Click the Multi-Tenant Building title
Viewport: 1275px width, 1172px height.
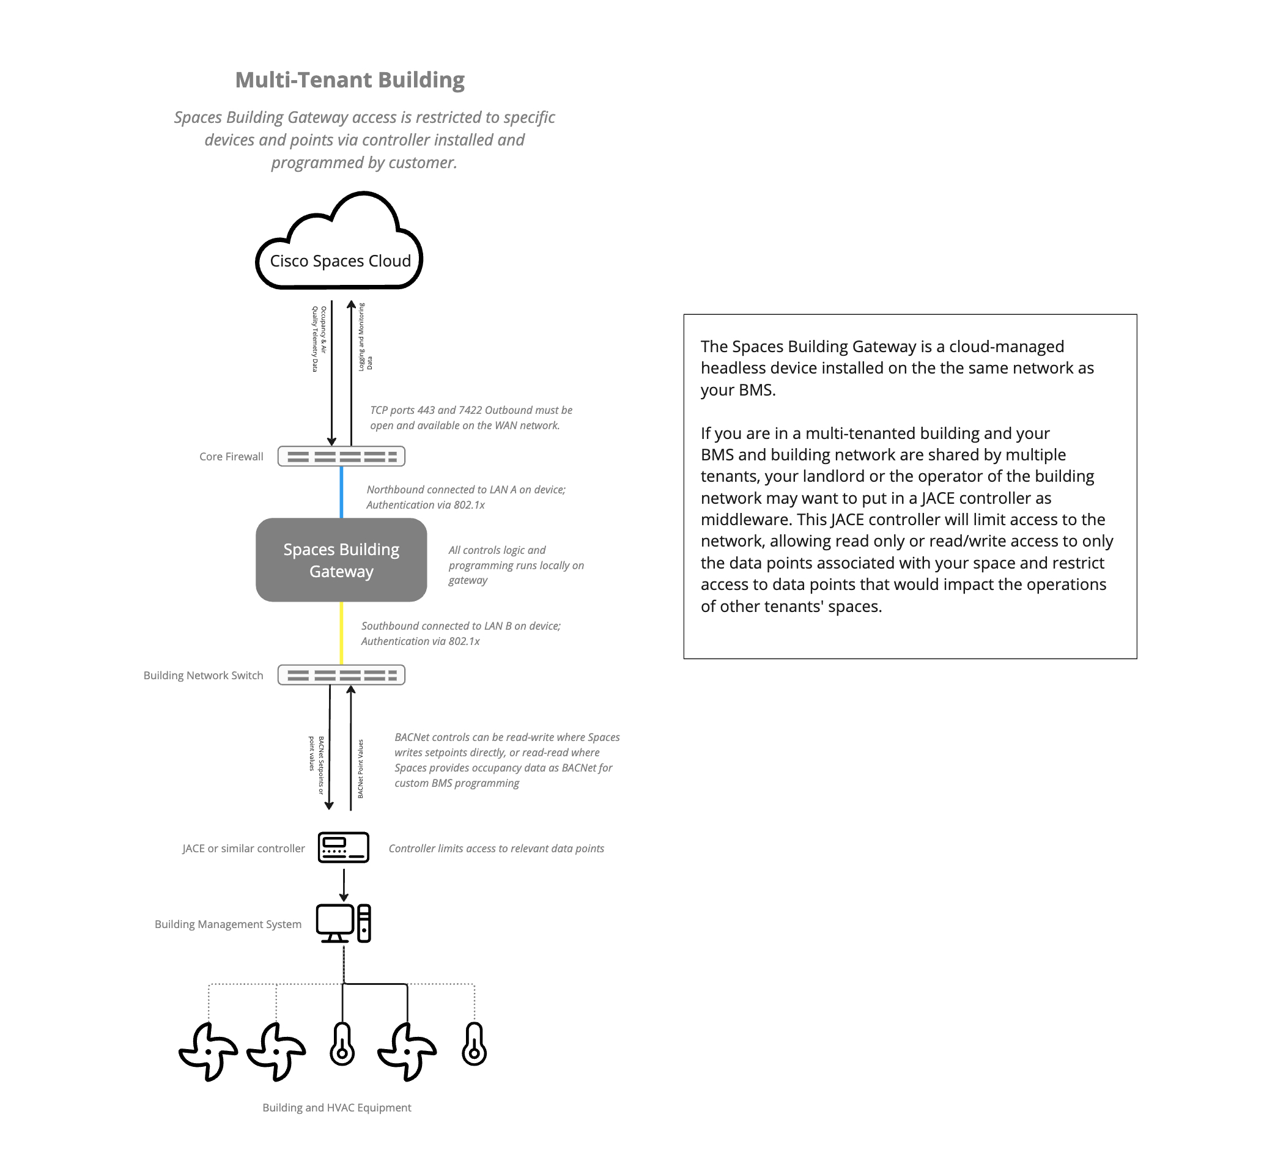[x=350, y=80]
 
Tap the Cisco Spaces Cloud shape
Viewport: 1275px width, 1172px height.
[x=340, y=260]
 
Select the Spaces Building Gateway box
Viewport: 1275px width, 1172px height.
[x=341, y=560]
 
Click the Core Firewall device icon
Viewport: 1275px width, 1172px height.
[x=341, y=456]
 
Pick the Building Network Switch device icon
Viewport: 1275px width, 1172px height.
[x=341, y=675]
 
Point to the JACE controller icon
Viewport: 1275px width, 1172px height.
[x=343, y=847]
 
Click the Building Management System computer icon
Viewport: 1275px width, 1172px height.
[x=343, y=923]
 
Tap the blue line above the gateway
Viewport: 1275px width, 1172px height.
[x=341, y=492]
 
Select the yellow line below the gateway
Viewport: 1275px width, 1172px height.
[x=341, y=632]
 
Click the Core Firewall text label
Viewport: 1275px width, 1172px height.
[x=231, y=457]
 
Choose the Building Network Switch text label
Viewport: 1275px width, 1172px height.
[x=203, y=676]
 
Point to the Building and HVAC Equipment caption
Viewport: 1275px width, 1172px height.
[x=337, y=1107]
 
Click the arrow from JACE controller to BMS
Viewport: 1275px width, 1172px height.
[x=344, y=885]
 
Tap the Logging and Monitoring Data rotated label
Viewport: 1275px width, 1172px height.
[x=365, y=337]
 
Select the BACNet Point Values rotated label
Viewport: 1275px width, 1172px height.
[x=360, y=768]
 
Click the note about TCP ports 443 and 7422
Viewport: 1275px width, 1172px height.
[x=471, y=418]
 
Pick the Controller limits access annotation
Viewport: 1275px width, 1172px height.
[x=496, y=849]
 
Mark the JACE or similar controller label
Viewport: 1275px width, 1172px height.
[x=243, y=849]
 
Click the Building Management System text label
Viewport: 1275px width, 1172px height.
[x=227, y=924]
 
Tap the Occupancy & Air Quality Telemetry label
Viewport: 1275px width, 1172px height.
[x=319, y=339]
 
